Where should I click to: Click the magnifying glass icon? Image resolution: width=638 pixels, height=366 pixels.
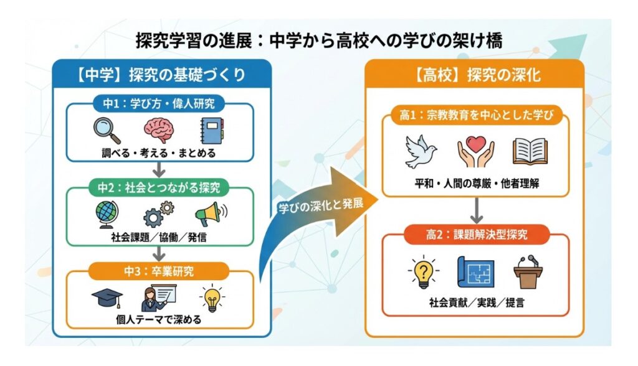(x=108, y=131)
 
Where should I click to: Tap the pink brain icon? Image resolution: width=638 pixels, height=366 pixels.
(x=159, y=131)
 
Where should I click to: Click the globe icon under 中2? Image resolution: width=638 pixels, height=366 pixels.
(x=107, y=213)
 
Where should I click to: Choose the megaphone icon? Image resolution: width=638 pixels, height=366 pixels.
(x=210, y=213)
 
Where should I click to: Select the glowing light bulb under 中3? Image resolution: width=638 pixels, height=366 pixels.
(x=212, y=298)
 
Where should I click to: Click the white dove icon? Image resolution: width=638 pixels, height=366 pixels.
(x=421, y=150)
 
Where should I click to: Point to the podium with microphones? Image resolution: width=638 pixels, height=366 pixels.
(x=528, y=271)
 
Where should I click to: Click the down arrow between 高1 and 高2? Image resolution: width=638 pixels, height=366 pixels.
(x=477, y=212)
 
